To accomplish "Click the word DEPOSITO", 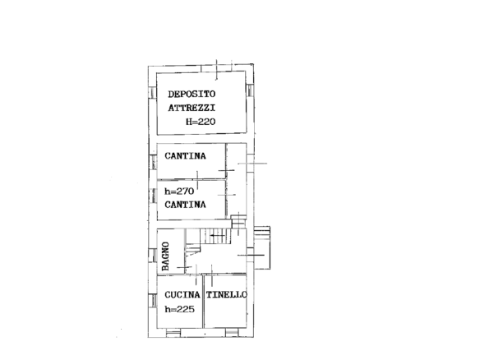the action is click(x=192, y=94).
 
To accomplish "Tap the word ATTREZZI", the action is click(x=192, y=108).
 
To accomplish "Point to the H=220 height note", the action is click(x=201, y=122).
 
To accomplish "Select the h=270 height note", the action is click(x=179, y=192).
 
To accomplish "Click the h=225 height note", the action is click(x=180, y=309).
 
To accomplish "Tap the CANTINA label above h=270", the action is click(x=185, y=156).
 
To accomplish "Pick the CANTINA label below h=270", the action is click(x=185, y=205).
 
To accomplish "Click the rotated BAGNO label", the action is click(x=165, y=256).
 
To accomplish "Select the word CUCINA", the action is click(x=182, y=295).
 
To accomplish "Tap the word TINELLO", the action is click(x=227, y=295).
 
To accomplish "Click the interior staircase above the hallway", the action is click(x=215, y=237).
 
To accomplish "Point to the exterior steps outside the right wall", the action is click(x=262, y=247).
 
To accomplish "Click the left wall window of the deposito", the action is click(x=152, y=93).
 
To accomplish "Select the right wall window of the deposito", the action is click(x=250, y=90).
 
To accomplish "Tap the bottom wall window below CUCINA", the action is click(x=173, y=332).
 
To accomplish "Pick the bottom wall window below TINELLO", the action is click(x=232, y=332).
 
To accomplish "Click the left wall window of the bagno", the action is click(x=152, y=255).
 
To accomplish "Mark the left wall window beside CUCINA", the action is click(x=152, y=301).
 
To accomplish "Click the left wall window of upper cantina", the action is click(x=152, y=162).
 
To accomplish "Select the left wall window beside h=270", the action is click(x=152, y=196).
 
